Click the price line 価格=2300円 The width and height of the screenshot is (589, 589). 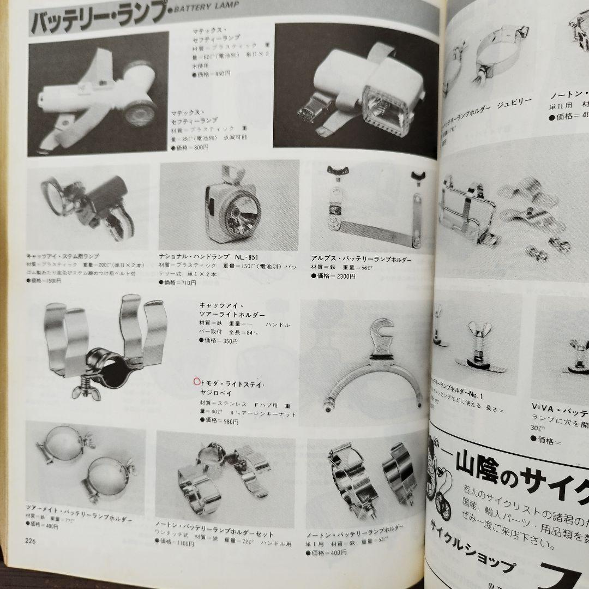click(x=333, y=276)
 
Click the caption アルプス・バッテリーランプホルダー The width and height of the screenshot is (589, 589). click(x=361, y=259)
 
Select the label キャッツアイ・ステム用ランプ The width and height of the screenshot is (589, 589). click(x=64, y=255)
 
